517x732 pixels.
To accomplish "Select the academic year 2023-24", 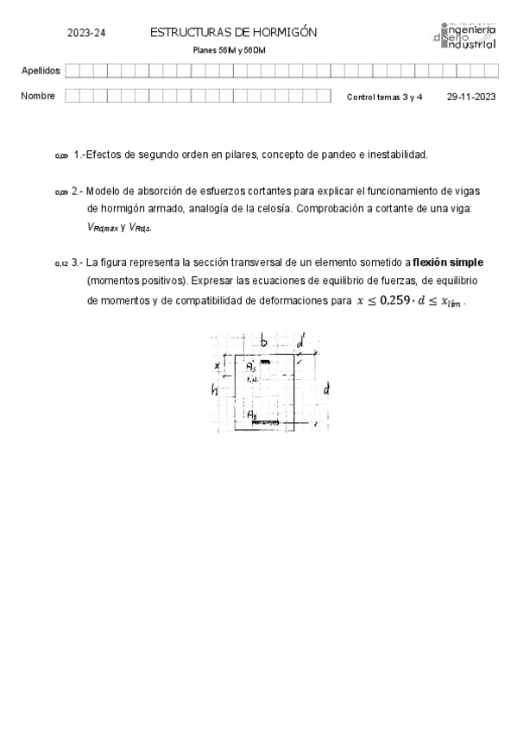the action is coord(86,33).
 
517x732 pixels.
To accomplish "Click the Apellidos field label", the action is coord(40,71).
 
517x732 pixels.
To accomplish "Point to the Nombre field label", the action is coord(38,96).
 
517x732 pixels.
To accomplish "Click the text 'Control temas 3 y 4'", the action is coord(384,98).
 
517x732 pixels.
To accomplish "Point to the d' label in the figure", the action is coord(299,343).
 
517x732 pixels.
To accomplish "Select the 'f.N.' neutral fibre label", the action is coord(252,379).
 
